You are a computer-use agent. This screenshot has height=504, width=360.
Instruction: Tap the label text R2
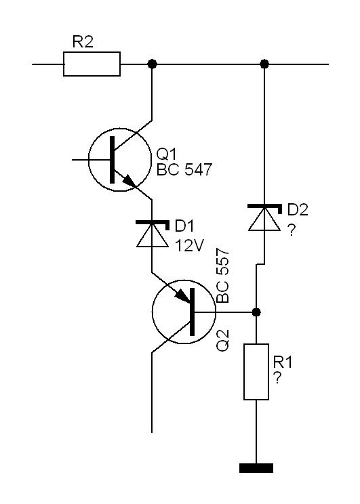(83, 42)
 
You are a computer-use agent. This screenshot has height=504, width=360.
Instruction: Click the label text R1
(283, 362)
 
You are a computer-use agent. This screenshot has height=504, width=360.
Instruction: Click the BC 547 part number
(184, 169)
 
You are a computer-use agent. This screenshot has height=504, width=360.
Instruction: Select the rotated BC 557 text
(222, 276)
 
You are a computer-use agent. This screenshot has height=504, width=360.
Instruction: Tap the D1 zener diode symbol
(153, 234)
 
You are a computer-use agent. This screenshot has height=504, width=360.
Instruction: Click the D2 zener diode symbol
(264, 217)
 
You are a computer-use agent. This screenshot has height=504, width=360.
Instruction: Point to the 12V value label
(189, 246)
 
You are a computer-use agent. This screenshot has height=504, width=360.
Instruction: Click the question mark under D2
(291, 230)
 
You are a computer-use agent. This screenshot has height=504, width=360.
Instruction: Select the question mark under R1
(277, 378)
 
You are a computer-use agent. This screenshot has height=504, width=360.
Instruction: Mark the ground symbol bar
(256, 468)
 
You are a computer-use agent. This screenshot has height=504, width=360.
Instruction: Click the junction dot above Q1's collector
(152, 64)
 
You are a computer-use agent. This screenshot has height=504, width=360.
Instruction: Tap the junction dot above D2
(264, 64)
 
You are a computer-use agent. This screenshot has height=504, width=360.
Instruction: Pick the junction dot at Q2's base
(256, 312)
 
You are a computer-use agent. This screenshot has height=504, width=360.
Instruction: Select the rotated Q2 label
(222, 340)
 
